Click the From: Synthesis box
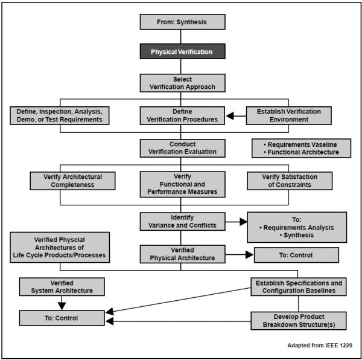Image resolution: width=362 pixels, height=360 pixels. click(x=182, y=22)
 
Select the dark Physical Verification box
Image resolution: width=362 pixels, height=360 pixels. click(x=182, y=52)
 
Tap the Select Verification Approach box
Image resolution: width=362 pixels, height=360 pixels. click(x=182, y=83)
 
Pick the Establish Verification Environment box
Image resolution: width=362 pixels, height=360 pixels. click(x=288, y=116)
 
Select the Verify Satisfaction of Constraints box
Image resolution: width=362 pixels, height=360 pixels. click(x=290, y=181)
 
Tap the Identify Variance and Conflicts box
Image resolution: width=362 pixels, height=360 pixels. click(x=182, y=221)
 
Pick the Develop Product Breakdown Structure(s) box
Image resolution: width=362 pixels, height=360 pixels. click(x=298, y=321)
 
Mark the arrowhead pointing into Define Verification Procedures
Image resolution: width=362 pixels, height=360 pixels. click(x=230, y=116)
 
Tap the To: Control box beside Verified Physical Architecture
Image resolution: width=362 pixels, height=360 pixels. click(x=296, y=255)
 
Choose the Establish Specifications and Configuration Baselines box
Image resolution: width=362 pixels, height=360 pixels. click(x=298, y=287)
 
